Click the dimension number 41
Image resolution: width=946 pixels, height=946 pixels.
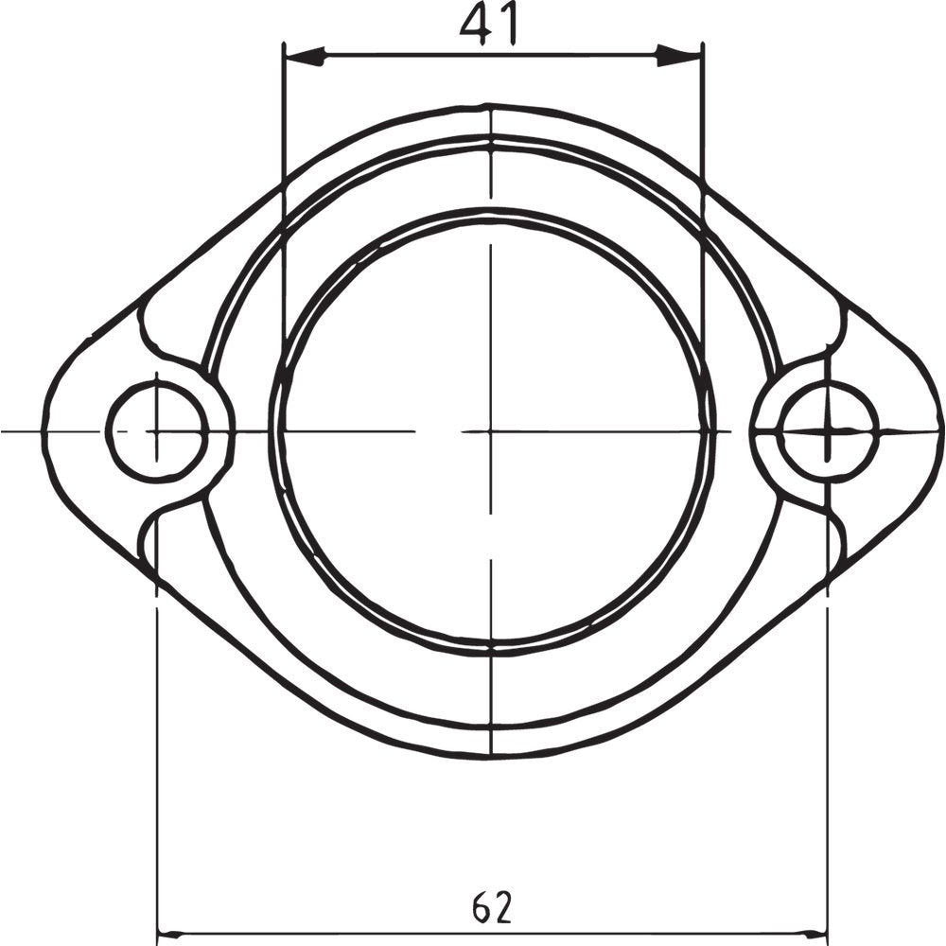coord(490,26)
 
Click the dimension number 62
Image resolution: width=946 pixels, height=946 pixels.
coord(492,908)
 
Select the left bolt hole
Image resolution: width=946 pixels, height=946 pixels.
coord(156,430)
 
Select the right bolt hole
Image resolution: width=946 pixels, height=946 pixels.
coord(828,430)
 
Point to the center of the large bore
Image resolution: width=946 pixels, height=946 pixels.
coord(491,430)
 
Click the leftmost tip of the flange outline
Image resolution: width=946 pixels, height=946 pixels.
coord(44,430)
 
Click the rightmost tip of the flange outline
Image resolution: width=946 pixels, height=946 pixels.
coord(942,430)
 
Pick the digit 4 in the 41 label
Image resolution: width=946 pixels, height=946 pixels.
coord(477,26)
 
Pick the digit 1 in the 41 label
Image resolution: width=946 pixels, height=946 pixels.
coord(509,26)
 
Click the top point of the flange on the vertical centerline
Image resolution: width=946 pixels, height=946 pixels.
coord(491,106)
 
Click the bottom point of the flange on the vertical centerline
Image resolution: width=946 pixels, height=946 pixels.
coord(491,756)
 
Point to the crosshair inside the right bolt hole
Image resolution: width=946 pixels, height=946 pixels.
coord(828,430)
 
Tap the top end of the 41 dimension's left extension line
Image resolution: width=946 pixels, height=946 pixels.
coord(285,43)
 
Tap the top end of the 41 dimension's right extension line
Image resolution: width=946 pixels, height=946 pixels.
coord(703,43)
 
